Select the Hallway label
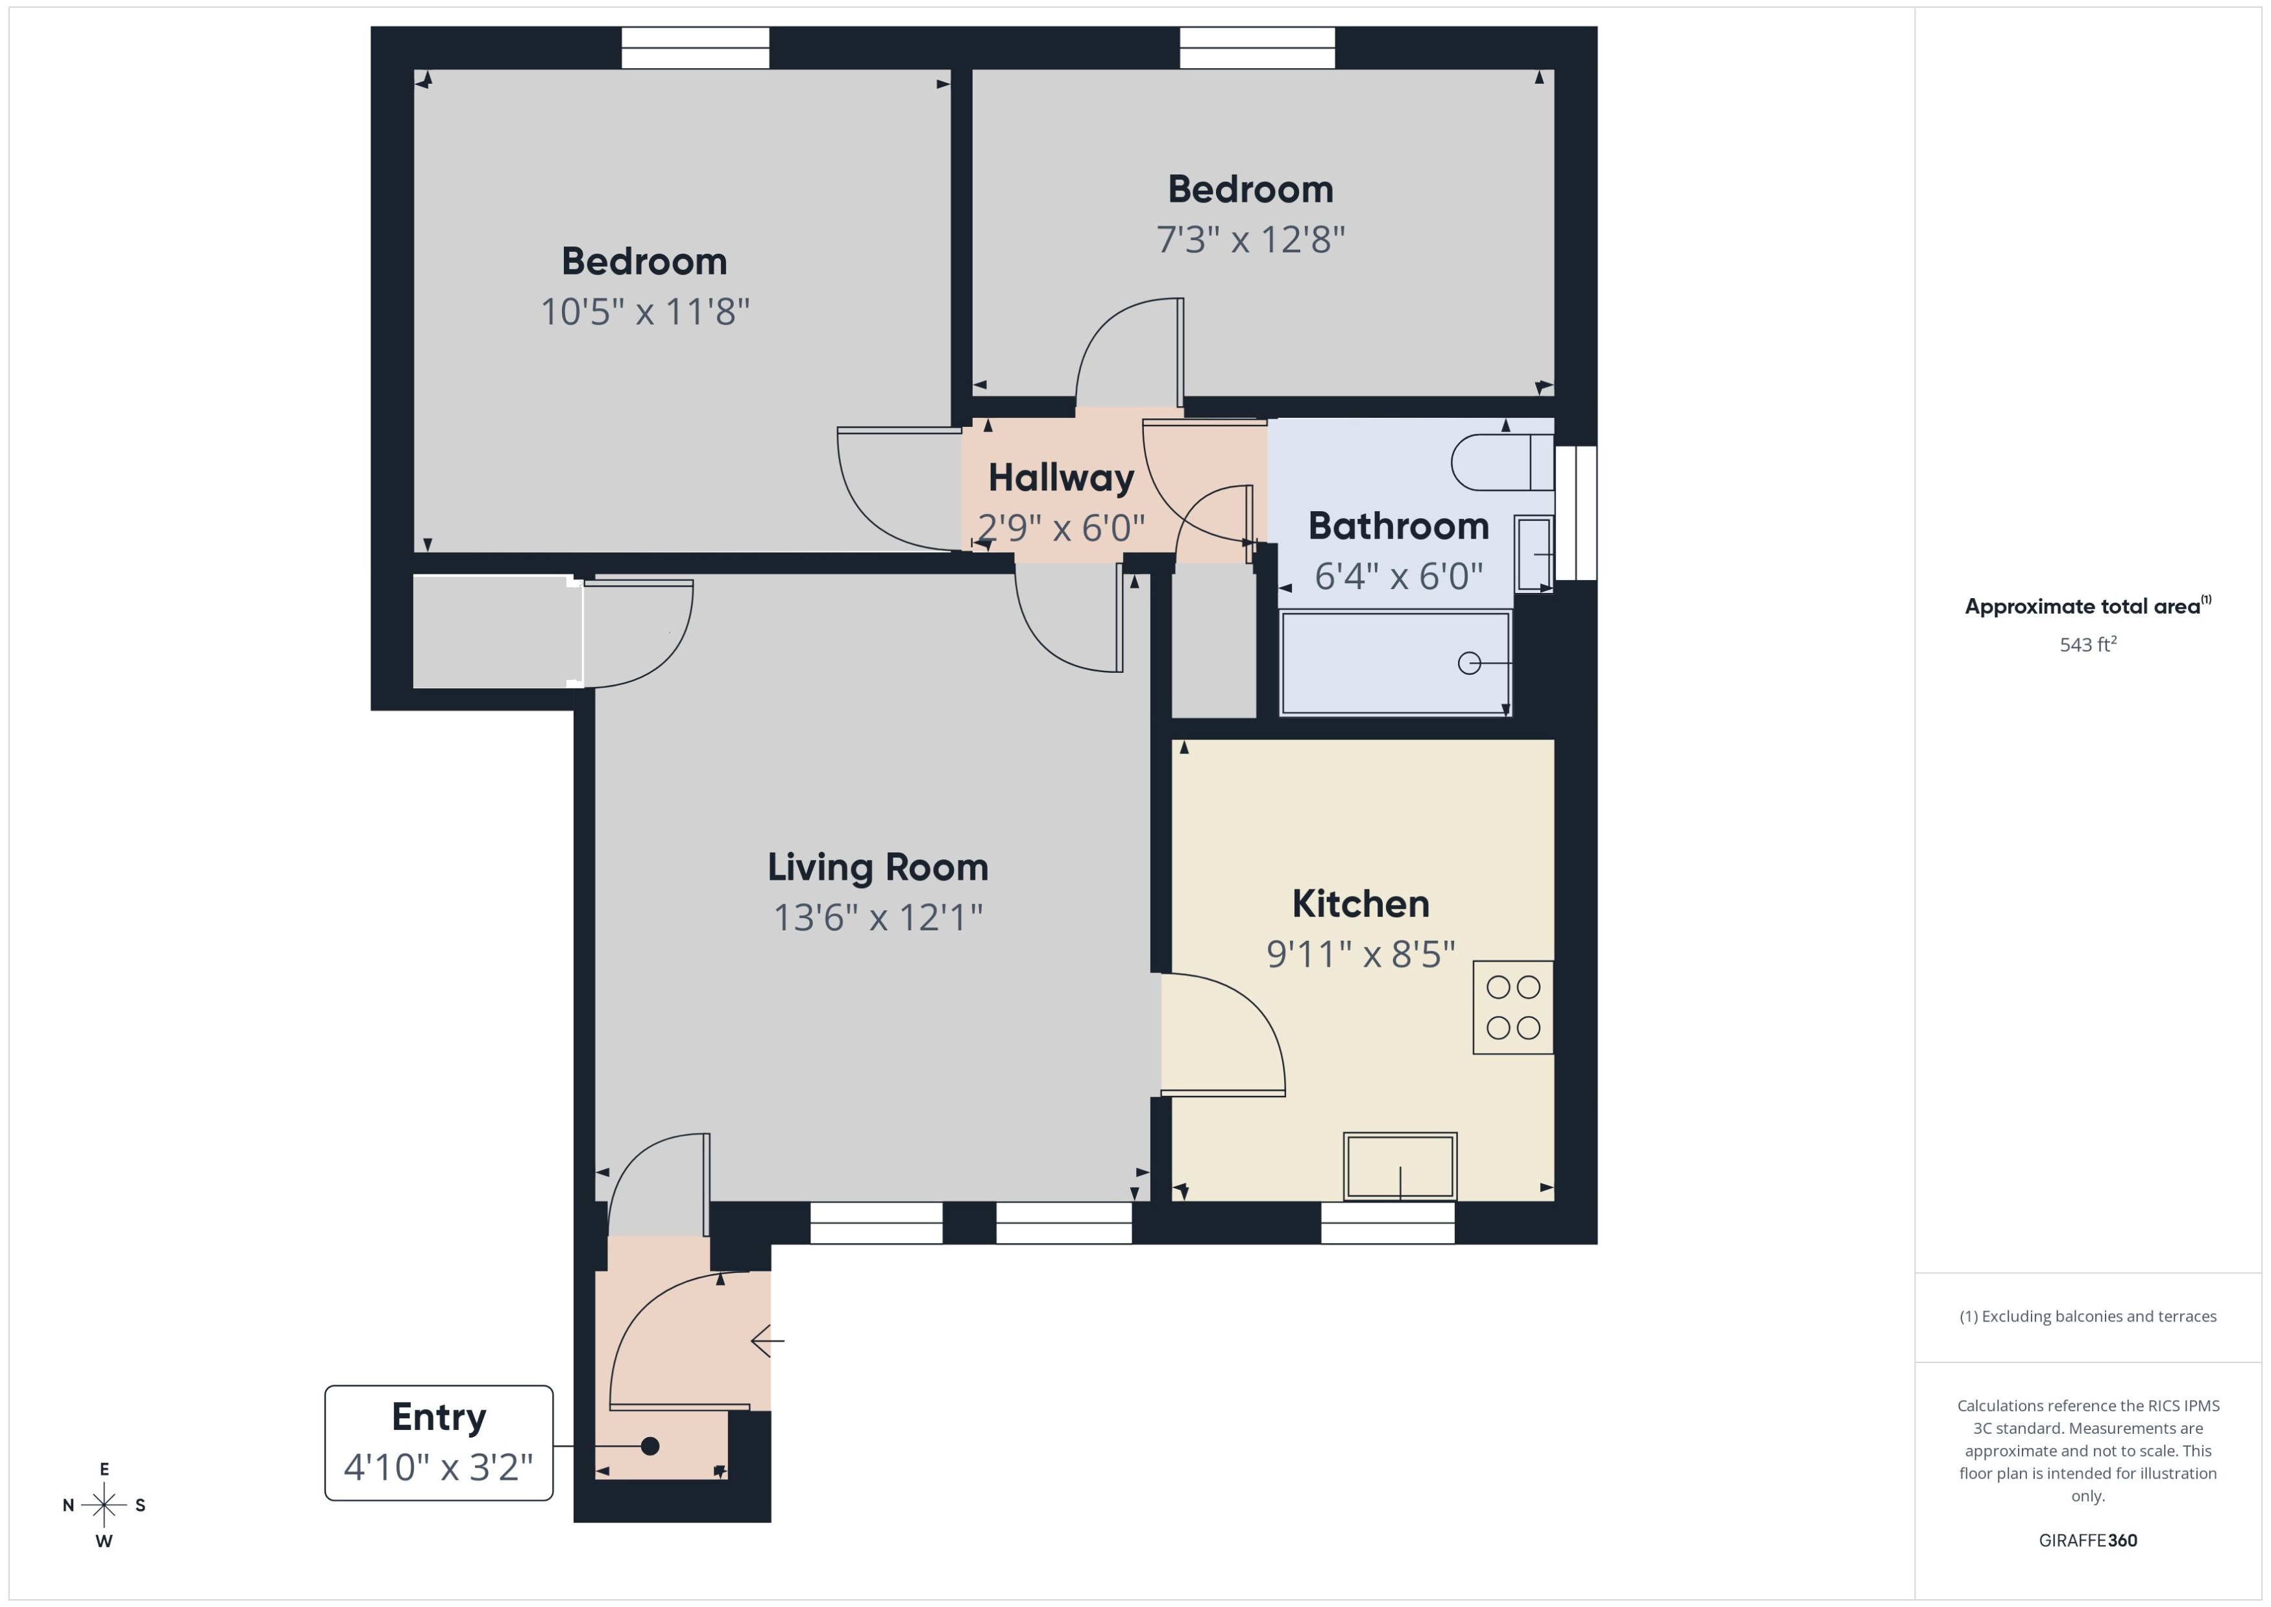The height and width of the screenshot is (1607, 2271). point(1061,479)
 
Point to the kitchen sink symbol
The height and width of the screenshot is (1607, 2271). point(1399,1166)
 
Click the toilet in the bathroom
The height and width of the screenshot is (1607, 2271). point(1502,462)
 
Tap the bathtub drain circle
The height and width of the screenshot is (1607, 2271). point(1470,663)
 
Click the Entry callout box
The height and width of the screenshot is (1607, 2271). point(439,1442)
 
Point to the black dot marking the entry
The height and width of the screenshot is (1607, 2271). point(650,1445)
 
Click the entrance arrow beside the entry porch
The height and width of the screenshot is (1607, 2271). point(768,1341)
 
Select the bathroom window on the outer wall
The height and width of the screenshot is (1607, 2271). point(1575,513)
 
